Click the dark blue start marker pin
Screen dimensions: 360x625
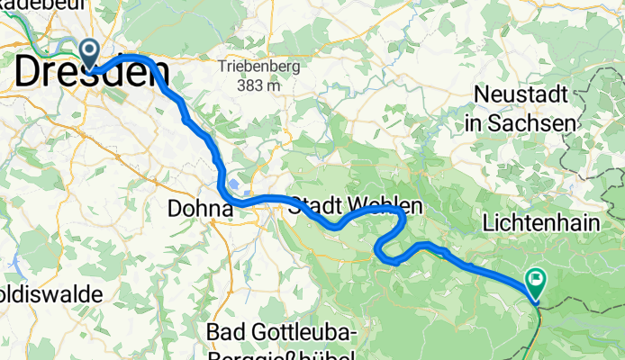click(x=91, y=53)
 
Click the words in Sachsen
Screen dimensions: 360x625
click(x=521, y=121)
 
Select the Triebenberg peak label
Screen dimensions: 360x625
click(x=251, y=67)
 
